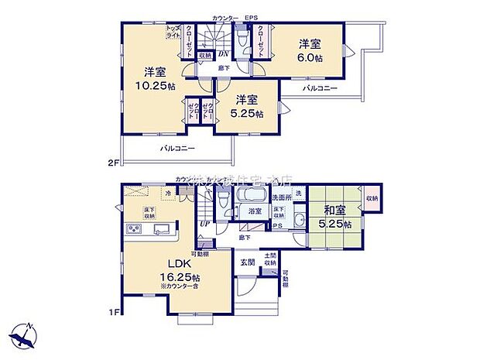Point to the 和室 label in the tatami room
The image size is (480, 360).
(x=336, y=211)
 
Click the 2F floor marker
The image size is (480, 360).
(x=114, y=163)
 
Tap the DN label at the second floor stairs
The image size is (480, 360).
(x=221, y=53)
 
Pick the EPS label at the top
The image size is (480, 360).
(x=252, y=17)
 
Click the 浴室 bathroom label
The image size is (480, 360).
(x=254, y=211)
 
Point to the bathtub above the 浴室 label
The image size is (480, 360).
(x=252, y=195)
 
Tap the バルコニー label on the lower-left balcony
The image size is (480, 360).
(x=177, y=148)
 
